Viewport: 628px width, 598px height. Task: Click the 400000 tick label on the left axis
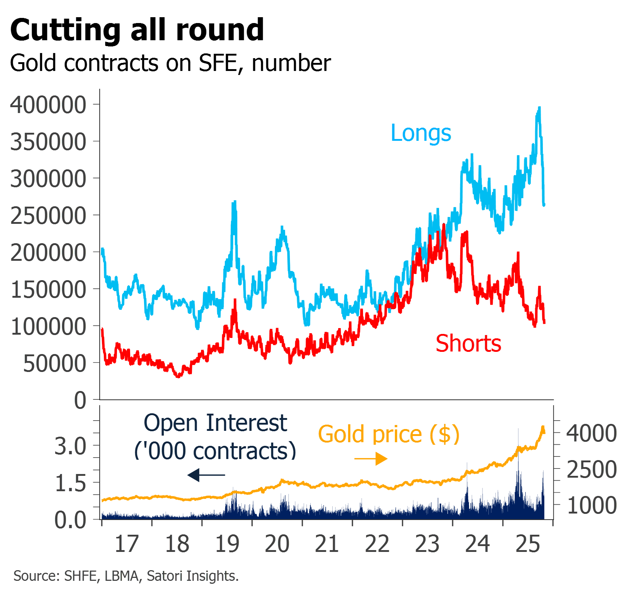(x=48, y=105)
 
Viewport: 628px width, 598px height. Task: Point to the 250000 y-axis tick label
(x=48, y=216)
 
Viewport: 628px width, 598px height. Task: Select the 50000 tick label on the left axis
(x=54, y=364)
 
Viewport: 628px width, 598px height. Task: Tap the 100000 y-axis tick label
(x=48, y=327)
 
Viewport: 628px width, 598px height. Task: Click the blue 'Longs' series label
(x=421, y=133)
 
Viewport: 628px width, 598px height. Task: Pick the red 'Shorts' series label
(x=469, y=344)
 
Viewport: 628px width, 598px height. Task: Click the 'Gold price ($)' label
(x=389, y=434)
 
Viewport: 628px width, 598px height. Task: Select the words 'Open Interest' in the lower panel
(x=215, y=423)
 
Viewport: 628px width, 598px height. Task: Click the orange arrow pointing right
(x=371, y=459)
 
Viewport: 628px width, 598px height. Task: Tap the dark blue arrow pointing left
(x=206, y=475)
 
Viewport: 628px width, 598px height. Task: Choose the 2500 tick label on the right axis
(x=591, y=469)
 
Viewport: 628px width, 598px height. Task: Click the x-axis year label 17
(x=126, y=544)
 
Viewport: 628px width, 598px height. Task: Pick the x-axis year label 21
(x=327, y=544)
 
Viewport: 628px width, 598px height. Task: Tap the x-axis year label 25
(x=527, y=544)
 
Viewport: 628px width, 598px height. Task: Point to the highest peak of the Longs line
(x=540, y=108)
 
